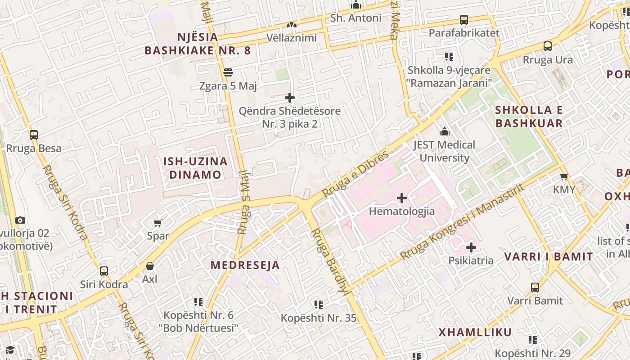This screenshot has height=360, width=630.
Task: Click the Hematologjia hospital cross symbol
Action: [x=402, y=198]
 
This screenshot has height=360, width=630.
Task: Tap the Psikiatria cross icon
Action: [x=471, y=247]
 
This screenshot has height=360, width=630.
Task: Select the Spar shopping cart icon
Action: [x=158, y=223]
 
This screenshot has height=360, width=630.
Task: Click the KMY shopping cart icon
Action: [x=564, y=177]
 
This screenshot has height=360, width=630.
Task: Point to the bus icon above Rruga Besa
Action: [x=34, y=135]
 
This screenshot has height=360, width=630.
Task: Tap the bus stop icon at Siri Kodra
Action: [x=104, y=271]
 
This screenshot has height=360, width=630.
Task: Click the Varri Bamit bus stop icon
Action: [x=535, y=288]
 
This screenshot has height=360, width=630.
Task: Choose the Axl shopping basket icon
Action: [x=150, y=266]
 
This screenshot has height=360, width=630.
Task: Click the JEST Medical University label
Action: [x=444, y=151]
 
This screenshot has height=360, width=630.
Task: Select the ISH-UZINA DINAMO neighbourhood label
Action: [x=195, y=168]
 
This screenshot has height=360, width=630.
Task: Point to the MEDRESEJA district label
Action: [x=245, y=265]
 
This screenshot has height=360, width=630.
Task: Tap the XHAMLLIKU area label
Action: [x=475, y=333]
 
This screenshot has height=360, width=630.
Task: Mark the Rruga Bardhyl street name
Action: [x=330, y=261]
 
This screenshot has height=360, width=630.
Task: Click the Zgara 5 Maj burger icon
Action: [x=228, y=72]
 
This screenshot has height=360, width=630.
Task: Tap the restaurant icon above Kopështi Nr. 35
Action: [x=319, y=305]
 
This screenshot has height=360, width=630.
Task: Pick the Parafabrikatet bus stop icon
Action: [x=464, y=20]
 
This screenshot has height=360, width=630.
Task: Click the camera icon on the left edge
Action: [x=20, y=220]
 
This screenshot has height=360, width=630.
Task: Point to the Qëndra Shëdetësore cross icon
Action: [x=290, y=98]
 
